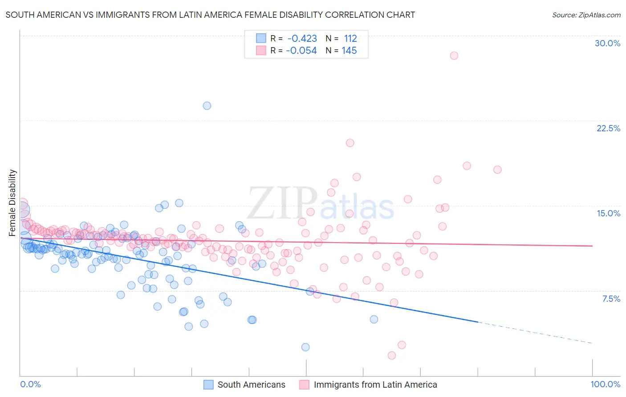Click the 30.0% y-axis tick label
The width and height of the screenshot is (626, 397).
[x=607, y=43]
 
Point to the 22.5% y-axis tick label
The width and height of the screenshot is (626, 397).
[x=608, y=128]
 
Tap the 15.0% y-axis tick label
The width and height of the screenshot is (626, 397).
[x=608, y=213]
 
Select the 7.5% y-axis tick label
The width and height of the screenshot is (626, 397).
[x=611, y=299]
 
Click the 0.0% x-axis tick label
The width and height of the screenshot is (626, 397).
[x=30, y=384]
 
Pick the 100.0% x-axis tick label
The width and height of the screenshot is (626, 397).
[x=605, y=384]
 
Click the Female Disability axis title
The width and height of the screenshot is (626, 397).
[x=12, y=203]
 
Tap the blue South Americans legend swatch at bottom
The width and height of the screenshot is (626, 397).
[x=208, y=385]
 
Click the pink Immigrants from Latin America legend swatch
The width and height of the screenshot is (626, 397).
[x=304, y=385]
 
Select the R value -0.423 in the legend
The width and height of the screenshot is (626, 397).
[x=302, y=38]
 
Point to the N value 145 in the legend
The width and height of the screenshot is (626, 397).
[x=349, y=51]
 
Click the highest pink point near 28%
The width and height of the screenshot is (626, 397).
[x=454, y=56]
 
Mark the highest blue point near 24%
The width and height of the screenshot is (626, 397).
[x=207, y=105]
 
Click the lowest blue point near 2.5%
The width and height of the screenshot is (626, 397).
[x=305, y=347]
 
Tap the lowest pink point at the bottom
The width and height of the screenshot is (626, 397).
[x=392, y=355]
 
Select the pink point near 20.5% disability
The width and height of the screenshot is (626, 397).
[x=350, y=143]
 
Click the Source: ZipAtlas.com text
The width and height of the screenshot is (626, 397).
[x=586, y=15]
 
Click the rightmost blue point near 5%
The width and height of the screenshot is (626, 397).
[x=374, y=319]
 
